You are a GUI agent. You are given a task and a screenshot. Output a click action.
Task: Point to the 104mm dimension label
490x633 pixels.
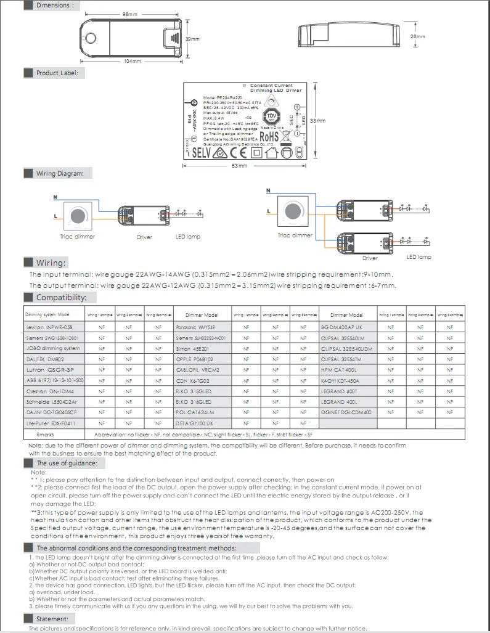tap(133, 62)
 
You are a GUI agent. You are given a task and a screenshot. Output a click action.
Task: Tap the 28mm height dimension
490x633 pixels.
tap(418, 37)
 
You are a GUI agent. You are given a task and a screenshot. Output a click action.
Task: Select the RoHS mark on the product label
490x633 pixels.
tap(269, 137)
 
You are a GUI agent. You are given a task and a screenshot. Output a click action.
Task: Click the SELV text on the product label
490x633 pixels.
tap(203, 152)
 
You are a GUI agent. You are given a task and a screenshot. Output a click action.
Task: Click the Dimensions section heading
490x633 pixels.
tap(53, 6)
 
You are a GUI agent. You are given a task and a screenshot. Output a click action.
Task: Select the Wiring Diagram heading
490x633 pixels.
tap(59, 174)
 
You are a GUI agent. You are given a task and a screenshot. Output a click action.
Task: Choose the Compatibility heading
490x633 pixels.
tap(61, 298)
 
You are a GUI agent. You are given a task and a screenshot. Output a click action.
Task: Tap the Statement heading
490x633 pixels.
tap(52, 619)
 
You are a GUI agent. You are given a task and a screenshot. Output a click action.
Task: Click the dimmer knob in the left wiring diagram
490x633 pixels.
tap(78, 215)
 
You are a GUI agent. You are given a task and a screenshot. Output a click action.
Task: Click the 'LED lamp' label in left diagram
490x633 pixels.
tap(188, 237)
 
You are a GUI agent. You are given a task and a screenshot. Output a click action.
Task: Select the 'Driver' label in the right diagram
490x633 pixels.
tap(370, 258)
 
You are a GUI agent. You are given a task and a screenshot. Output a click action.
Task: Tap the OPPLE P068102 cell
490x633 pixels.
tap(195, 359)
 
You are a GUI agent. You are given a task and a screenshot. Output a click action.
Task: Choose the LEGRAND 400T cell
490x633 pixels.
tap(339, 391)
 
